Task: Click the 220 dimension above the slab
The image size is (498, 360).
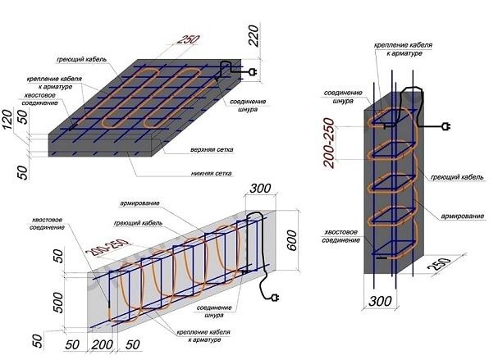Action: click(254, 35)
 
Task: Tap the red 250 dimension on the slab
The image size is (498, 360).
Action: click(188, 39)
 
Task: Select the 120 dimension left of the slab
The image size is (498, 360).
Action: click(7, 120)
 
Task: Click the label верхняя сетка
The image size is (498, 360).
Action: click(212, 149)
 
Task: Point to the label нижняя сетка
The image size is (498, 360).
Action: click(211, 173)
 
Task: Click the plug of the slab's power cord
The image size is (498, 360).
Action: click(254, 72)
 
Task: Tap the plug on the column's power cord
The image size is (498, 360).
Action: click(446, 126)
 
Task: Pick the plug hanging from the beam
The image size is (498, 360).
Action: click(275, 298)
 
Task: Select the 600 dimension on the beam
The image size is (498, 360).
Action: click(292, 240)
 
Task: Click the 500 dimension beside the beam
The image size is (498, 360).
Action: click(58, 303)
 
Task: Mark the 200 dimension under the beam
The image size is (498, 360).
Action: click(102, 344)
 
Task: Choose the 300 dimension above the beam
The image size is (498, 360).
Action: click(260, 189)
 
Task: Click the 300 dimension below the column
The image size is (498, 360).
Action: click(380, 301)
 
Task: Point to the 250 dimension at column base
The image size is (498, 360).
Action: click(440, 264)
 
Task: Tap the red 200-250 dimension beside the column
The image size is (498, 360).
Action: click(329, 143)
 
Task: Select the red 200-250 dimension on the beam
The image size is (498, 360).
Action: click(107, 248)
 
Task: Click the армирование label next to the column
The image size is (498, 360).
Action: click(462, 216)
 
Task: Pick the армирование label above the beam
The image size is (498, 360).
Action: click(139, 203)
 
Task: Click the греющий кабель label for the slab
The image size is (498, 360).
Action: click(81, 59)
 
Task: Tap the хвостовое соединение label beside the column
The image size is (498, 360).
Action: click(340, 236)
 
